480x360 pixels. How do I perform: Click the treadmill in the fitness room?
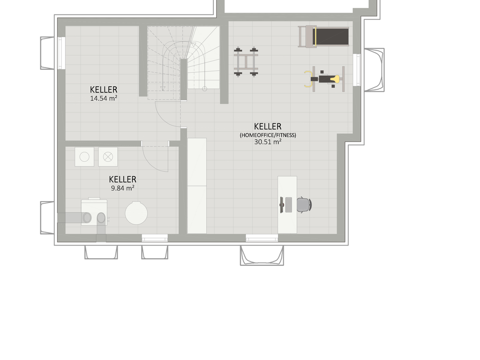point(323,37)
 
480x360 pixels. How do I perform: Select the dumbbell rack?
point(246,62)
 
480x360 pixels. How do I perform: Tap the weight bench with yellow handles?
point(324,79)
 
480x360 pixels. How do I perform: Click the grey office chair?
point(304,204)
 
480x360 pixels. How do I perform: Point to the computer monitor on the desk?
point(281,205)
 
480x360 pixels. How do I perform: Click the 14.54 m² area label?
point(104,98)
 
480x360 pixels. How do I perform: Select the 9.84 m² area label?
point(122,188)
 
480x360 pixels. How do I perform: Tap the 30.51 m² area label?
point(268,142)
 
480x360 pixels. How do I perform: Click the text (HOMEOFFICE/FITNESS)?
point(268,135)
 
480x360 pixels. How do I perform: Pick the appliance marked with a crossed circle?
point(108,157)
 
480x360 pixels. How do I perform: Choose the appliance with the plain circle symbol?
point(84,157)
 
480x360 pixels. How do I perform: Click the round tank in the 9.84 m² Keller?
point(136,213)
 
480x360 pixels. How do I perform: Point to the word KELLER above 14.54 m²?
point(104,90)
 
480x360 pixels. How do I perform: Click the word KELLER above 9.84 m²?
point(122,180)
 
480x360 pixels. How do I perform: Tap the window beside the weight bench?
point(357,70)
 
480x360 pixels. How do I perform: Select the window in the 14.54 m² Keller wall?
point(61,53)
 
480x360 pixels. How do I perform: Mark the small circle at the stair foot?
point(204,89)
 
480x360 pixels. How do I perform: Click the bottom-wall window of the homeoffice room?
point(262,238)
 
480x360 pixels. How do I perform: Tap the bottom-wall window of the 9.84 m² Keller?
point(155,238)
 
